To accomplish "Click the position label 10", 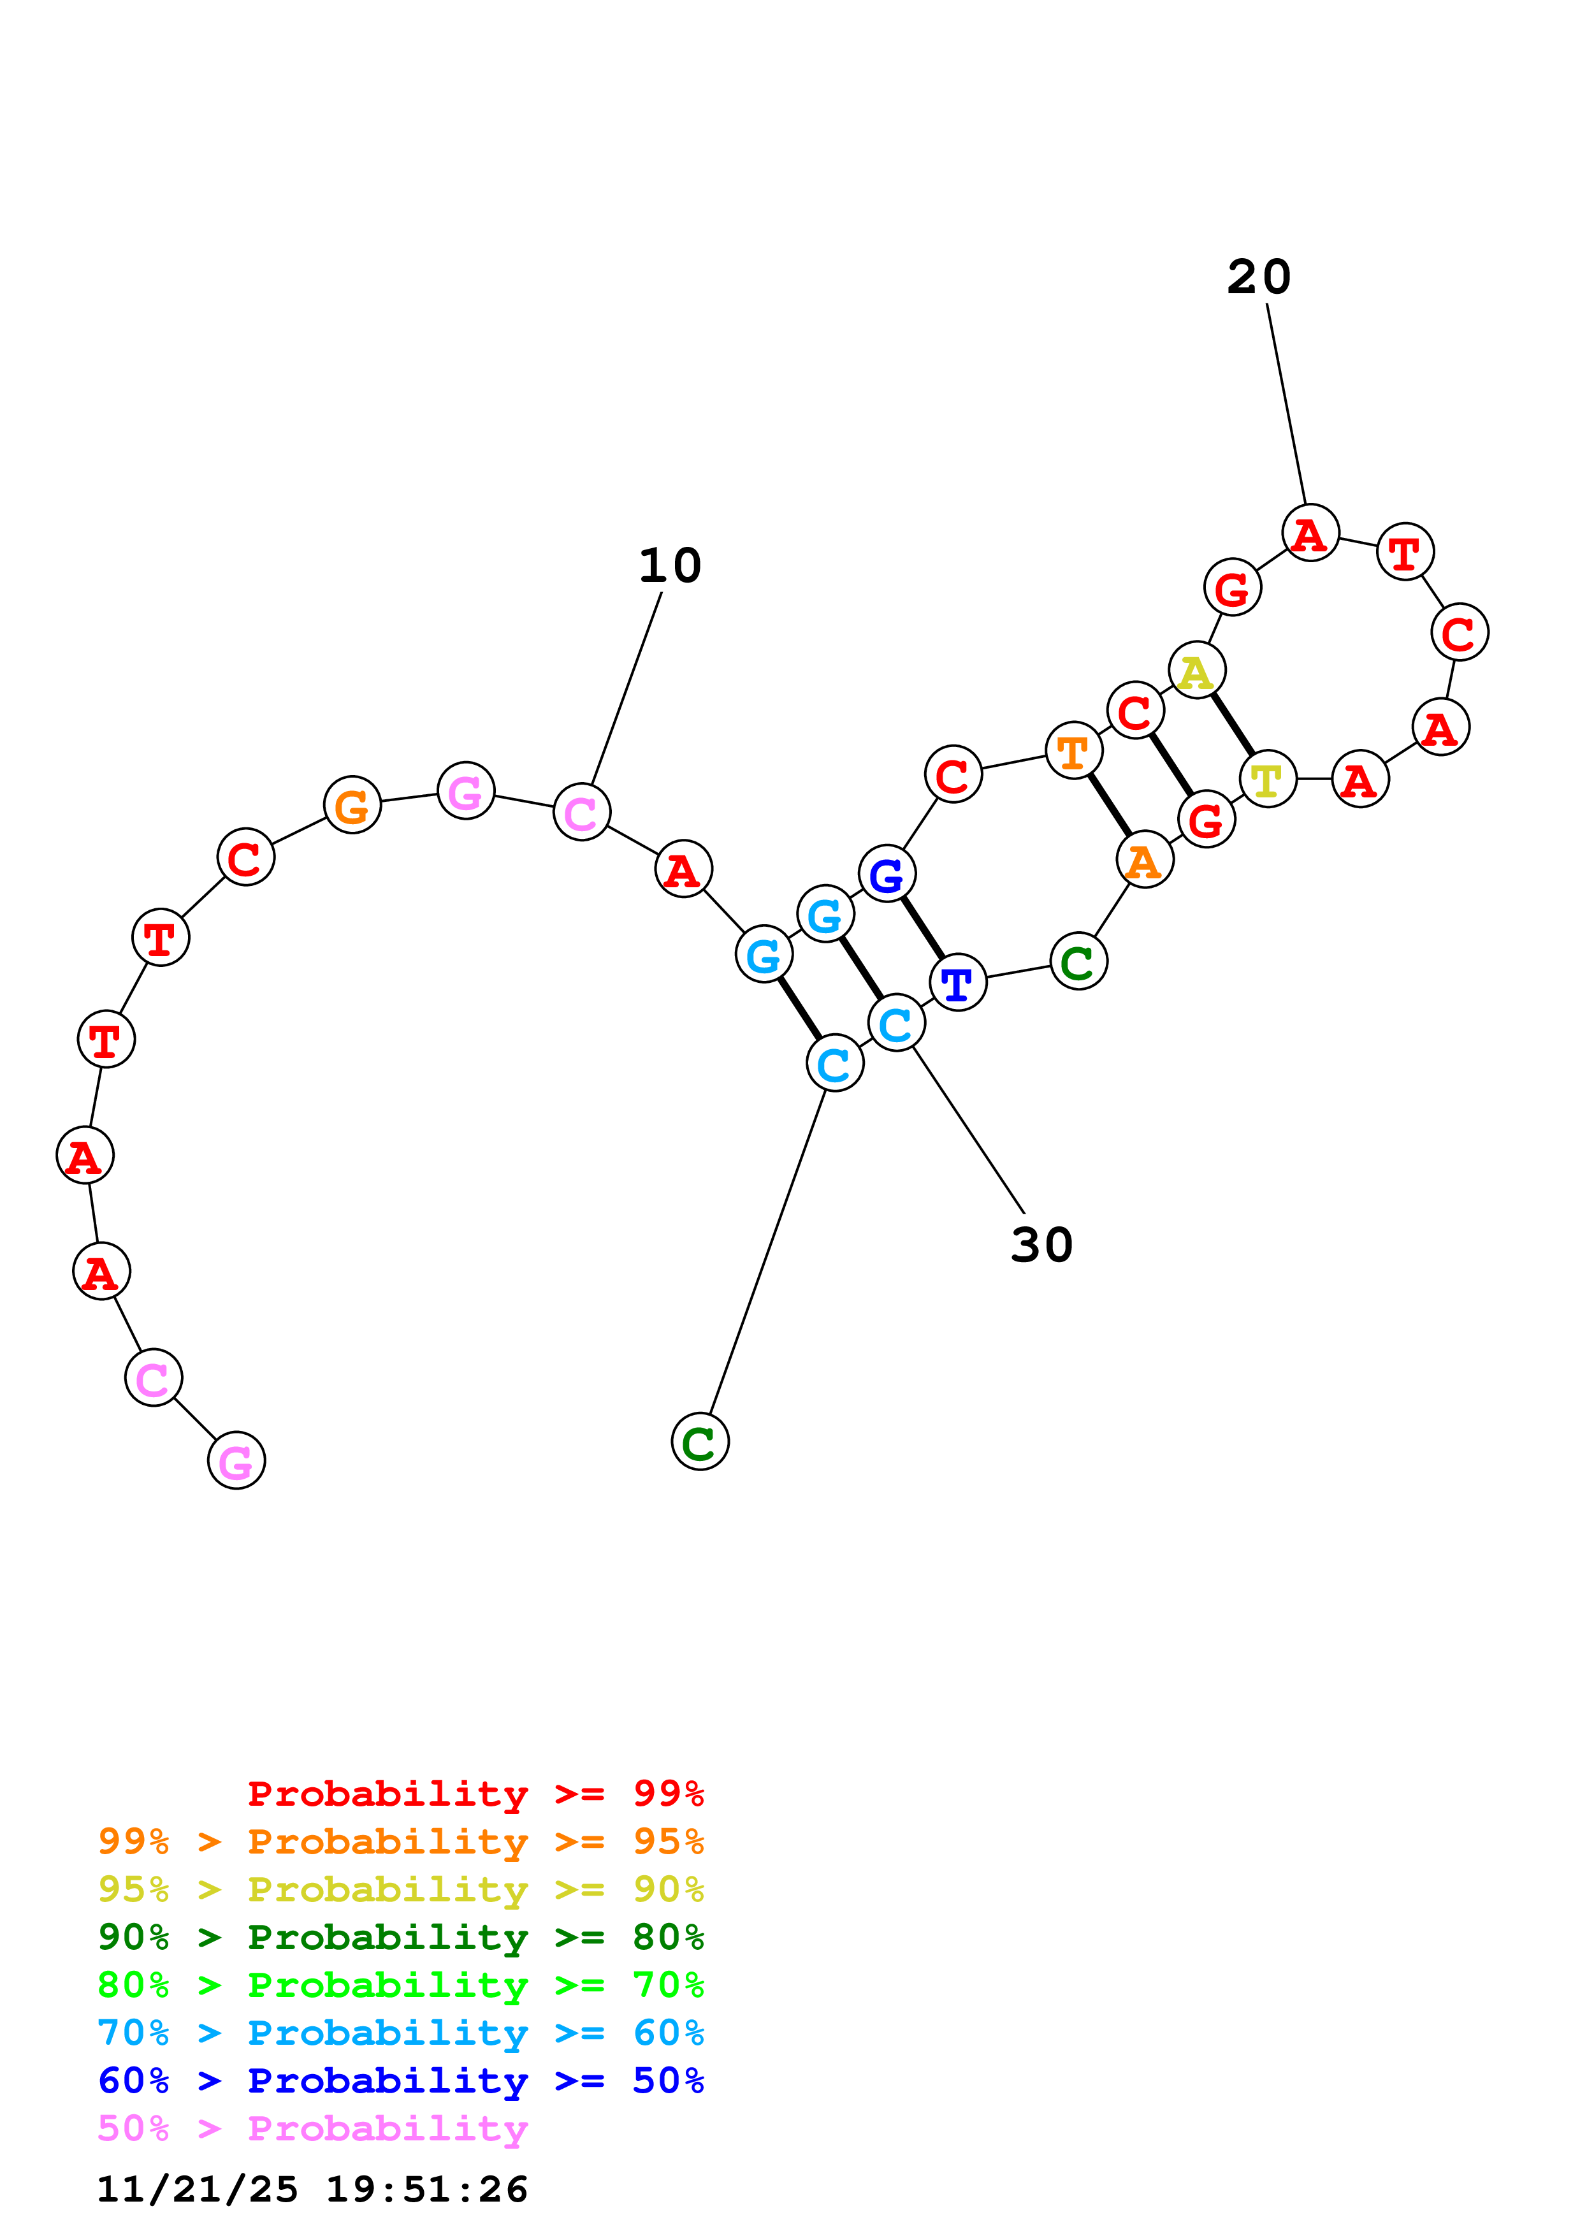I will click(670, 566).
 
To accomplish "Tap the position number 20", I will click(1259, 277).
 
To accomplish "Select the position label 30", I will click(1041, 1245).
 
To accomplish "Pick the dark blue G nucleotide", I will click(887, 875).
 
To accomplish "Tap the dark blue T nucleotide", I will click(958, 984).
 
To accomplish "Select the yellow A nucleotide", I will click(1196, 671).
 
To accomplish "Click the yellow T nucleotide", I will click(1268, 780).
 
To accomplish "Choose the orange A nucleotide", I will click(1144, 861).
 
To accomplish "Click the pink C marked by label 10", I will click(581, 812).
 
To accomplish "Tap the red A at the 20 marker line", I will click(1310, 534).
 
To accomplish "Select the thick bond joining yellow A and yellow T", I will click(1233, 725).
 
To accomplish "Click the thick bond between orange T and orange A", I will click(1109, 806).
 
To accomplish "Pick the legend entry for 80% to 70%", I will click(400, 1985).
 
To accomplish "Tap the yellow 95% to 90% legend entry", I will click(400, 1889).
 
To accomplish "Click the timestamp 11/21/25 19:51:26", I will click(312, 2189).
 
